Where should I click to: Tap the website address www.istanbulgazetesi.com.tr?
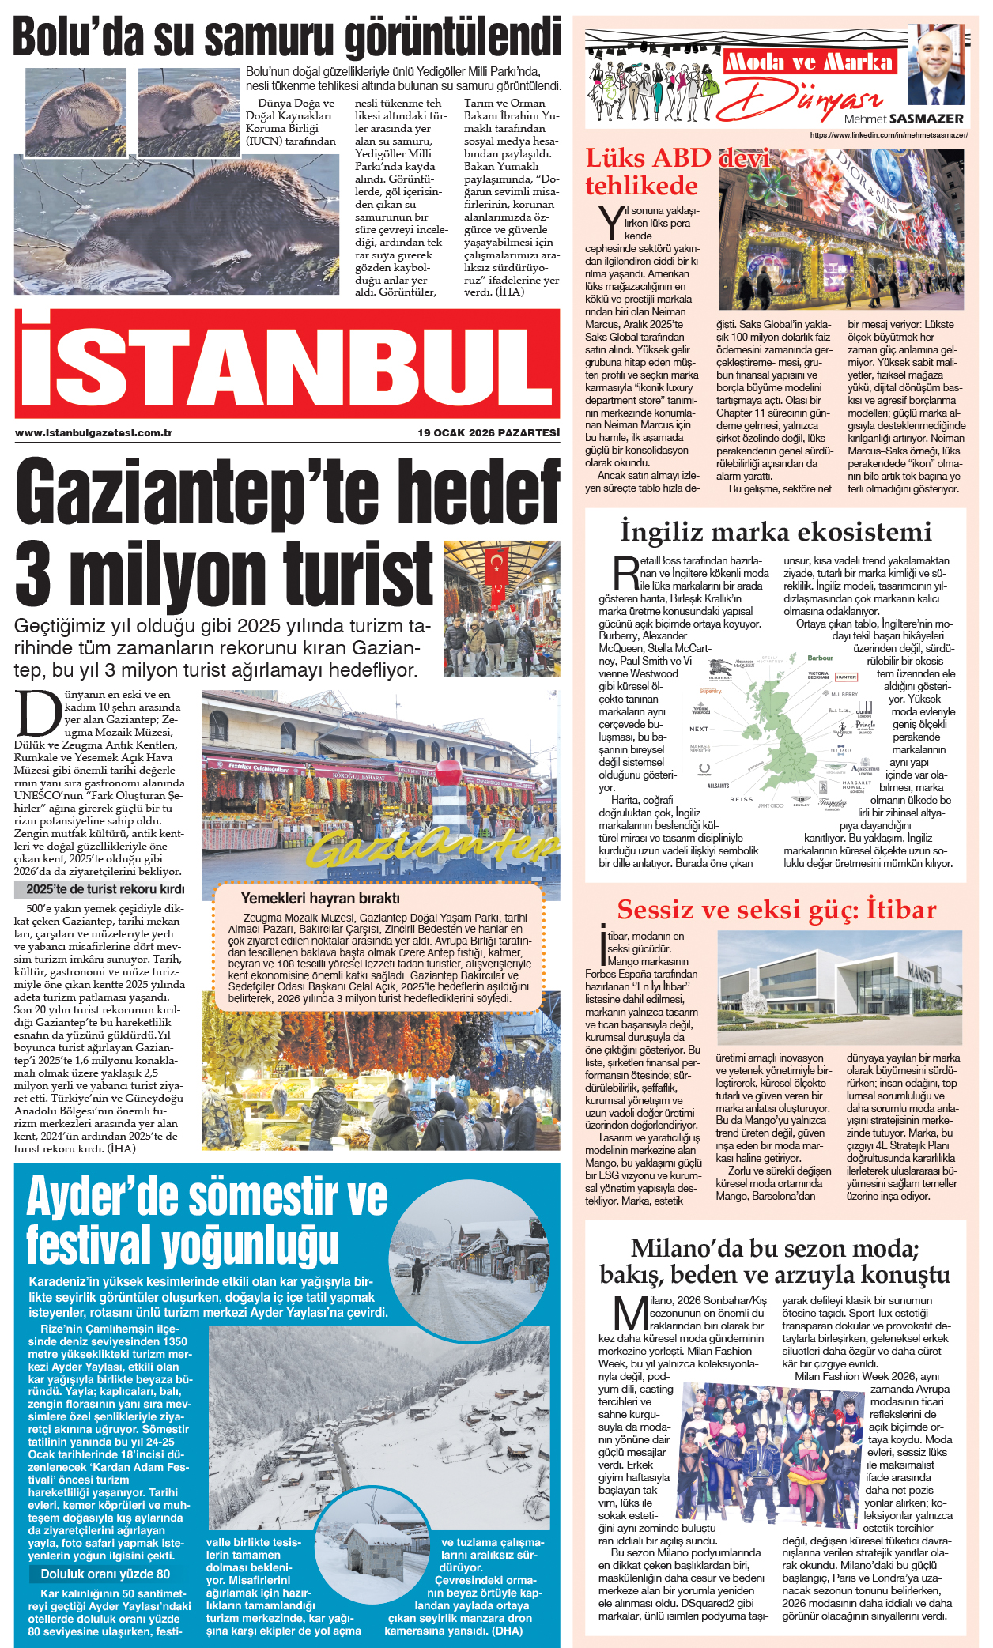(93, 432)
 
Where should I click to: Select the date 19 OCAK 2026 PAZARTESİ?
(489, 432)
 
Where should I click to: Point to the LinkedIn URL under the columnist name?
(889, 135)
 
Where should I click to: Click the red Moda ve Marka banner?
(809, 62)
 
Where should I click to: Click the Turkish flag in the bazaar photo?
(497, 564)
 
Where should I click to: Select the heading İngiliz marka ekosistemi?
(776, 531)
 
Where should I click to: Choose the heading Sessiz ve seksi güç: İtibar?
(776, 909)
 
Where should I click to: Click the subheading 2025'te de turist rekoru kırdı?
(105, 888)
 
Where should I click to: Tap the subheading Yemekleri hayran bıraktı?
(319, 898)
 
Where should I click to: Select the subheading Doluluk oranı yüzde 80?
(105, 1574)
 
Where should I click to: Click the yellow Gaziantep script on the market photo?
(427, 847)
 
